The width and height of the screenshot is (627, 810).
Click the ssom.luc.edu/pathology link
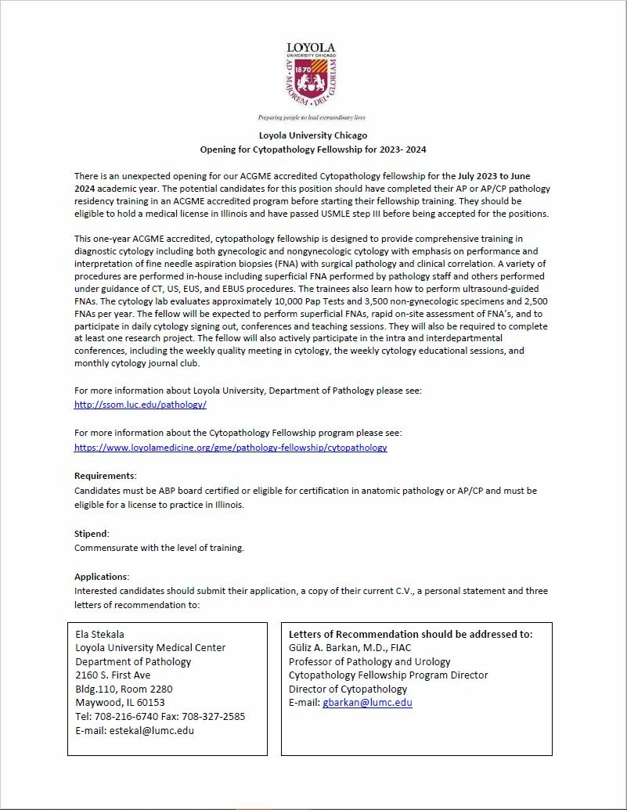140,405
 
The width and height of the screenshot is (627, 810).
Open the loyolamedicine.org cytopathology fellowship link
230,448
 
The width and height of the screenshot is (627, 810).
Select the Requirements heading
105,476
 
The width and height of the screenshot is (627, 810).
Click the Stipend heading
92,533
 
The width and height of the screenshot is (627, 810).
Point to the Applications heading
102,576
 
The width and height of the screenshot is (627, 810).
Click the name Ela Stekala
99,634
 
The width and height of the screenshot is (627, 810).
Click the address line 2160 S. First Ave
113,675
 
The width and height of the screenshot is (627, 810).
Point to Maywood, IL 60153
120,702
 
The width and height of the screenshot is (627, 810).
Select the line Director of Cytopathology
348,689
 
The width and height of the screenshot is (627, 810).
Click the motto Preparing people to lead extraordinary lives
312,117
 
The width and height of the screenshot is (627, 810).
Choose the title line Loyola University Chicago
313,135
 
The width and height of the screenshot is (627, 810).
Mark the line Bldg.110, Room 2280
124,689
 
